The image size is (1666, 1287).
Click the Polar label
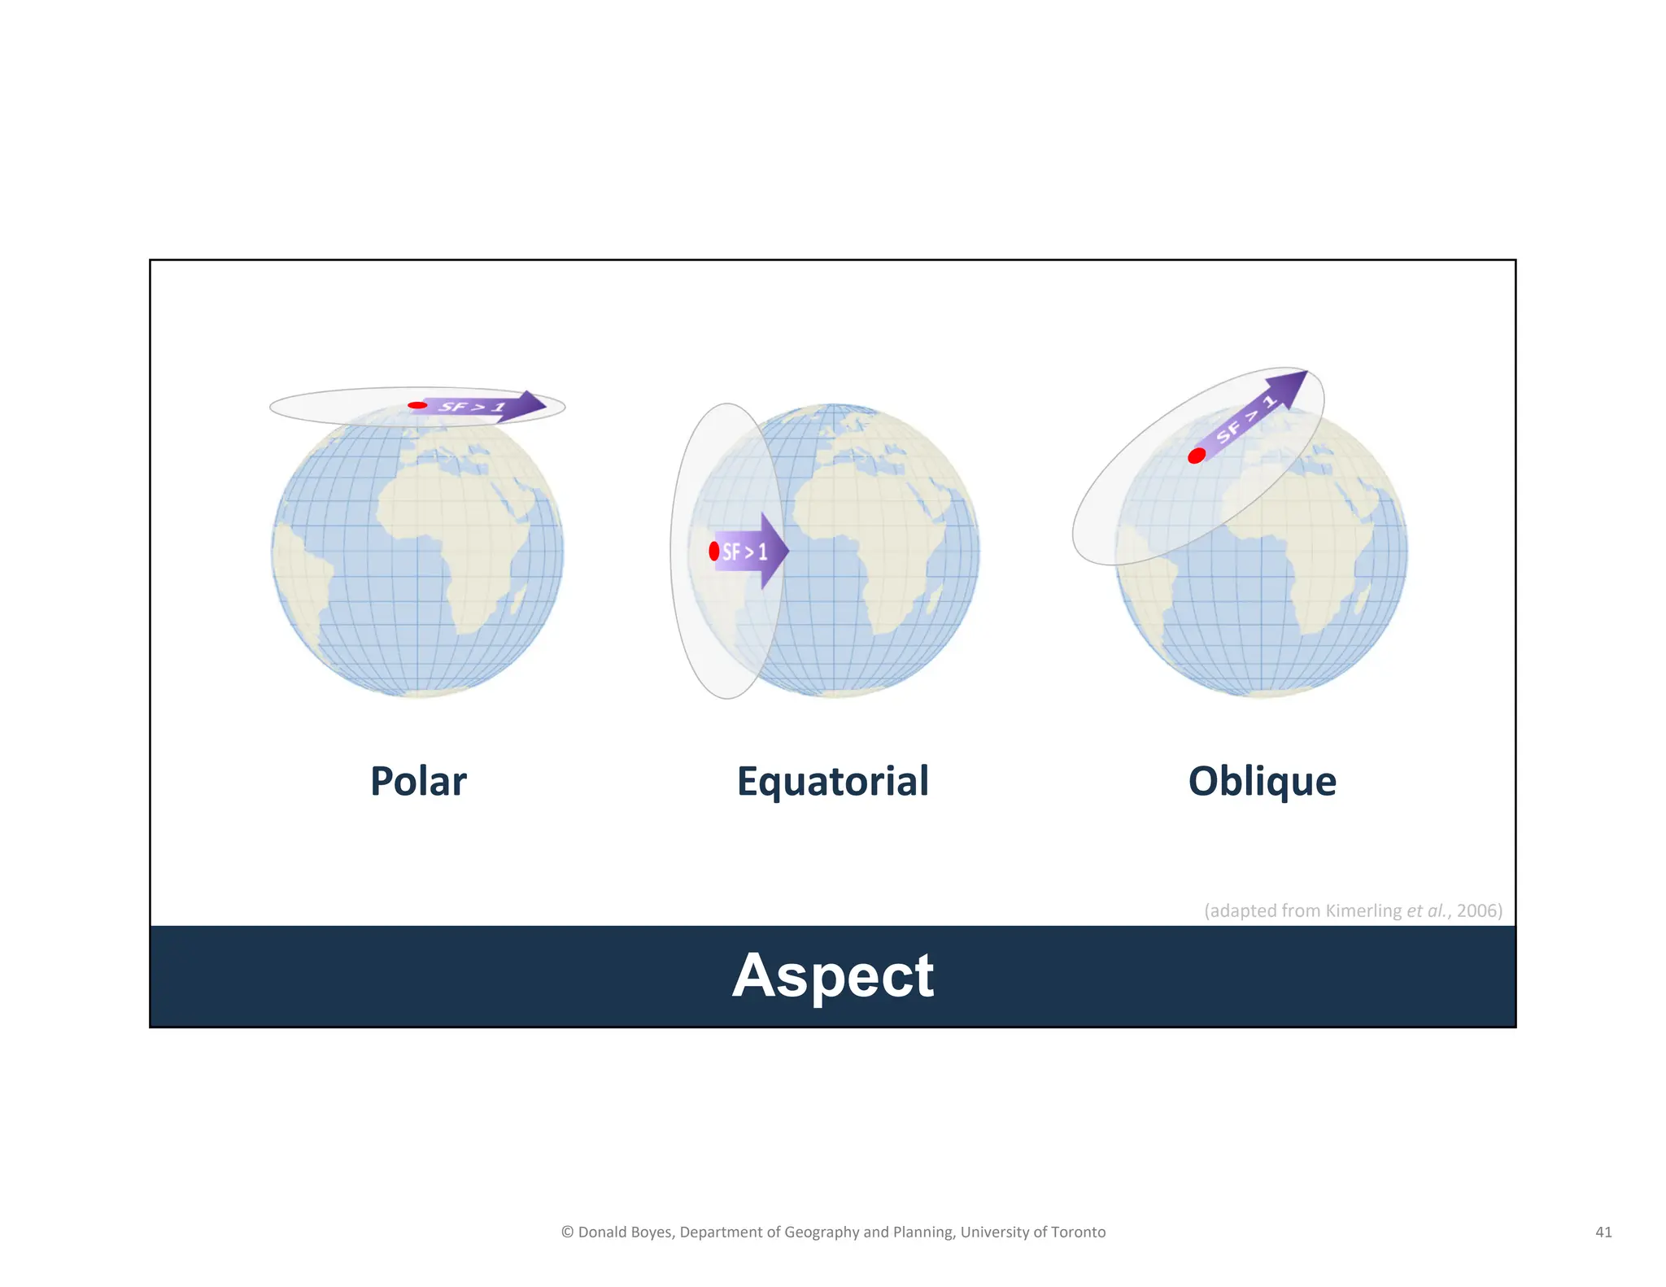pos(418,781)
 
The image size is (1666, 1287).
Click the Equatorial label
pos(832,781)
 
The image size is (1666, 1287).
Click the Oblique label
pos(1262,781)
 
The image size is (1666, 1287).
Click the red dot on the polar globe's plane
pos(417,405)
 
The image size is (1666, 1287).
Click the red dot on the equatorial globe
pos(714,551)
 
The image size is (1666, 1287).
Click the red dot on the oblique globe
pos(1197,456)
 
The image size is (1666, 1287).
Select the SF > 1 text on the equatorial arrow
pos(744,552)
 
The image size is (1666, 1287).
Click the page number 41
pos(1603,1232)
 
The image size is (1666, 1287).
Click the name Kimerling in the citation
pos(1363,910)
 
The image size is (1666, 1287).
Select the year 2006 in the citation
pos(1477,910)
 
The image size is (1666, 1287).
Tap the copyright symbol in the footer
pos(567,1232)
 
